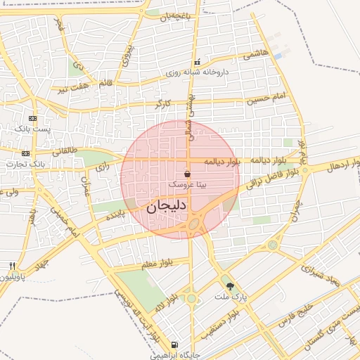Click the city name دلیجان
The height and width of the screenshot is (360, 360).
[167, 207]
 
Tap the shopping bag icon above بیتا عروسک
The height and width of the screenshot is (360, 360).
[187, 173]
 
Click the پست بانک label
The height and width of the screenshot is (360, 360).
[33, 129]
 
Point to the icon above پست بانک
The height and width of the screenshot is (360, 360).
[32, 119]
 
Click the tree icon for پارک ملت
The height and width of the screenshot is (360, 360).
[230, 285]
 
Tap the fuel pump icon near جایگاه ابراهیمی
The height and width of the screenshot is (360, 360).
[174, 345]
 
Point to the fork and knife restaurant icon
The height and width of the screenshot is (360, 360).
[12, 266]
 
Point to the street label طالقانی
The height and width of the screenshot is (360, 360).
[65, 150]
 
